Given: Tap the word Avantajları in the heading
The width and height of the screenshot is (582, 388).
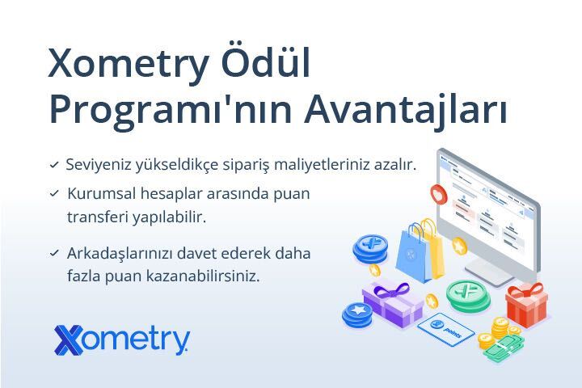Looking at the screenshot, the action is click(x=406, y=110).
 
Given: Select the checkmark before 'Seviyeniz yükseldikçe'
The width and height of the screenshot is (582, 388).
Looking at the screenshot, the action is click(x=54, y=164).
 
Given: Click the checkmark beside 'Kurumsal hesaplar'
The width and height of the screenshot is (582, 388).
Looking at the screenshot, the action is click(x=54, y=193).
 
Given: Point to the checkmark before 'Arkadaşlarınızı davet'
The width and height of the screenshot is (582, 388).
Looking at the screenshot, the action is click(x=54, y=253).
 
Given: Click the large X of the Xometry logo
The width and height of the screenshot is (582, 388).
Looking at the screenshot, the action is click(x=69, y=339).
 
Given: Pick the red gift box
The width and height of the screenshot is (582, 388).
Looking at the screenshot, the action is click(x=526, y=305).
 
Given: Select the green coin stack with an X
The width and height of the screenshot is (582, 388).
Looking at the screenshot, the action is click(x=468, y=295).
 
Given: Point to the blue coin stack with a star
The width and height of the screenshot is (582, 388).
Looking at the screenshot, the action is click(x=357, y=314).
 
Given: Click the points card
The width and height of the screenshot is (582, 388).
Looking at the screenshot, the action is click(x=445, y=329).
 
